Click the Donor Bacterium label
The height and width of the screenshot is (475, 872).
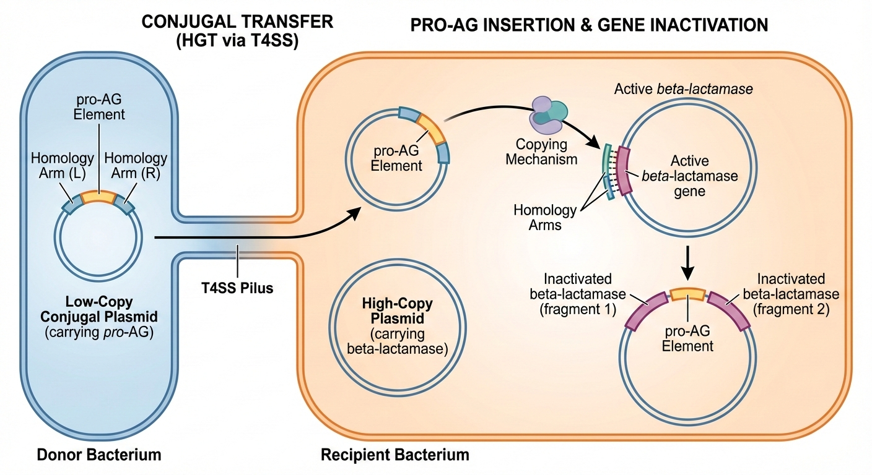coord(99,455)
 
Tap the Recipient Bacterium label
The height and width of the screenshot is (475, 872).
coord(395,455)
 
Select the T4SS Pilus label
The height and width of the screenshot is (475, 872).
coord(237,288)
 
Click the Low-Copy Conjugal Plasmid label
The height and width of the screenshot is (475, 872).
coord(99,309)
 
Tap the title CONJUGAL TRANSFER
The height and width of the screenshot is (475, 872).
coord(237,22)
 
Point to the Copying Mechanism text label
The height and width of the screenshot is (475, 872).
coord(541,152)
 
